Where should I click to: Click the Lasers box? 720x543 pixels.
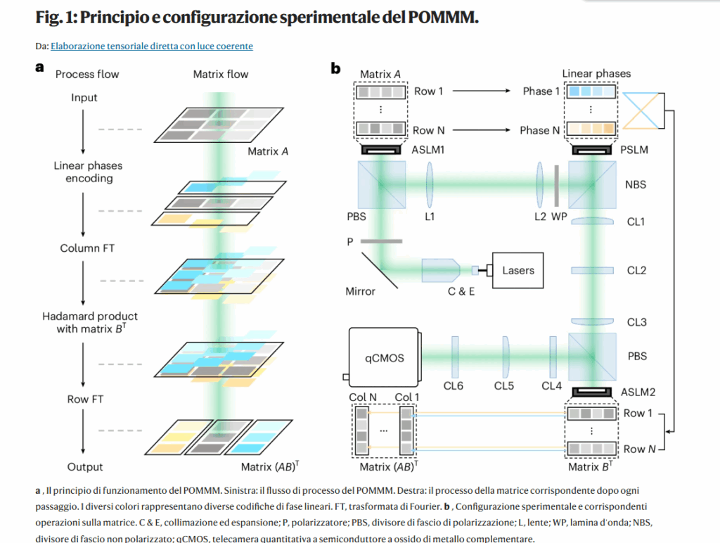518,270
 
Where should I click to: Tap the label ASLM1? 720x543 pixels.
429,149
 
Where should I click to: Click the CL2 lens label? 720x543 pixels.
636,270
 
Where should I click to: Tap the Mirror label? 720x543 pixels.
361,290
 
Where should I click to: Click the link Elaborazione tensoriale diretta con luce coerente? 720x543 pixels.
152,46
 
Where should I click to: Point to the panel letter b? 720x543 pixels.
335,68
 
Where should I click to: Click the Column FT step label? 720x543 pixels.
88,248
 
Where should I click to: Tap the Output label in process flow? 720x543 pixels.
85,466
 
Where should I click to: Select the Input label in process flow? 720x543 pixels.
84,98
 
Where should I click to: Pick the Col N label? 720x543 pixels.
363,397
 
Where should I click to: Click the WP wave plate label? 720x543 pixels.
558,217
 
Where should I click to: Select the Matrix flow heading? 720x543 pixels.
221,74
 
